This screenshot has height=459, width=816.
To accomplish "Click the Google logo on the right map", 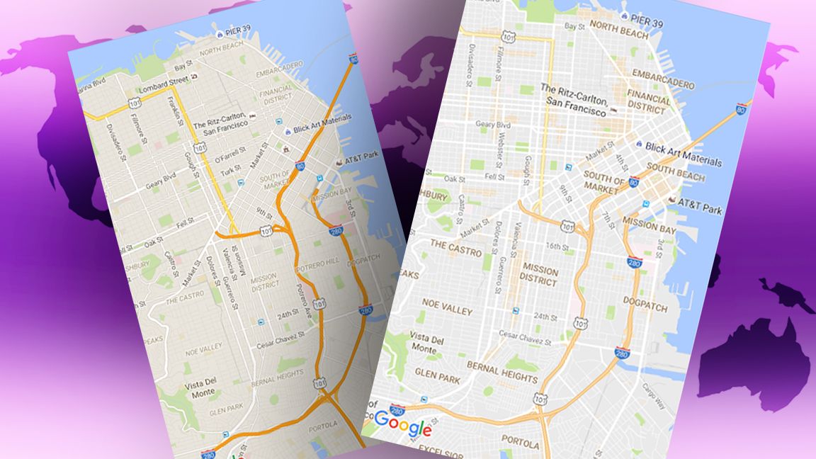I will pos(402,424).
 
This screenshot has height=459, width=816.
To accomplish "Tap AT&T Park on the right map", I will pos(698,210).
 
